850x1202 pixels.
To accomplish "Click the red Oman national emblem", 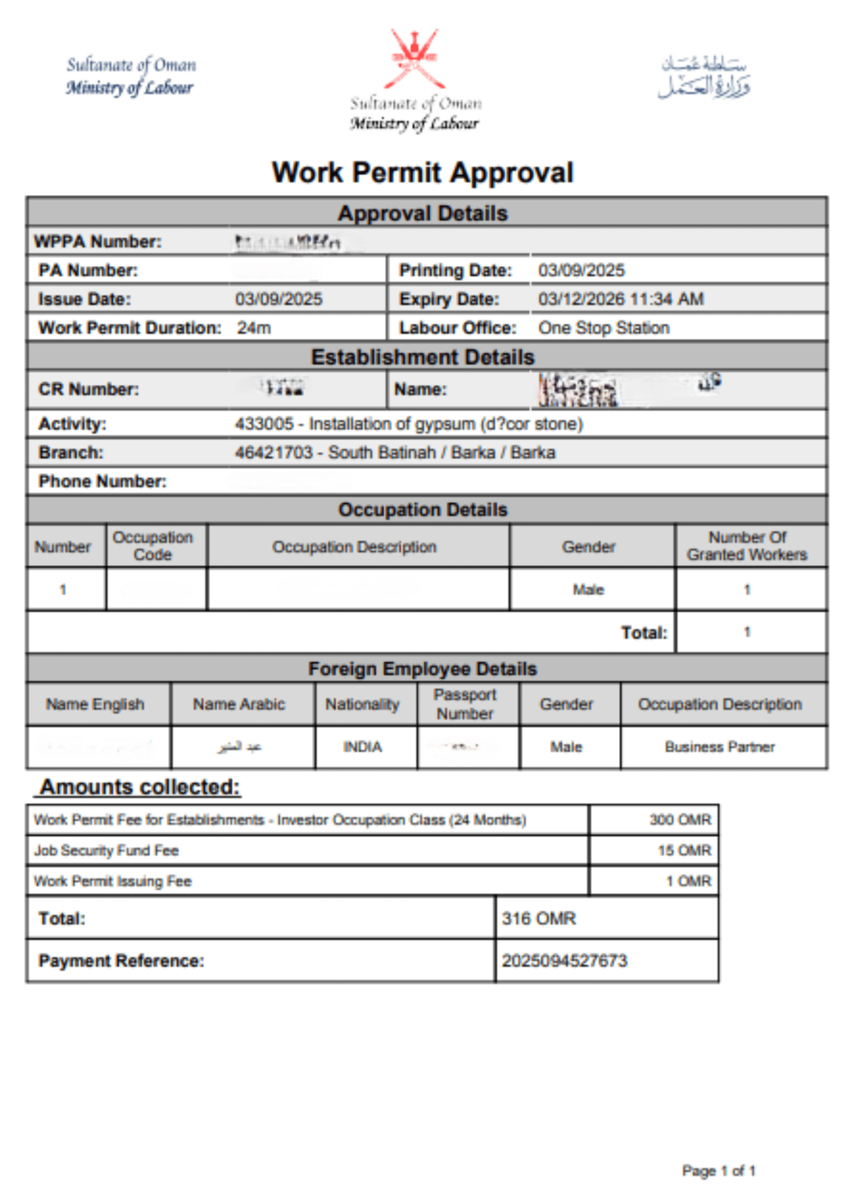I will pos(414,59).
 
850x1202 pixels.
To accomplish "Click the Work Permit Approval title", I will pos(423,172).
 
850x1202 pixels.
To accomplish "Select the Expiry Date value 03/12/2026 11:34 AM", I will pos(621,299).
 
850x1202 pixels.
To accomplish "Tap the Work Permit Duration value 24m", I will pos(254,328).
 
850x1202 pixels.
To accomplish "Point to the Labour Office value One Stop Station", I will pos(604,328).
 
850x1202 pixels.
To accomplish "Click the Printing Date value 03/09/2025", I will pos(581,270).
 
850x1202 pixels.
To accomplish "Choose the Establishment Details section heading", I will pos(423,357).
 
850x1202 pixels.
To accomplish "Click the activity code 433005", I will pos(264,424).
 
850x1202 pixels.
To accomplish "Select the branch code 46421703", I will pos(273,452).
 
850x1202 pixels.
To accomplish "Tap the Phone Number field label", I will pos(102,481).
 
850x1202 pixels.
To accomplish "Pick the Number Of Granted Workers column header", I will pos(747,546).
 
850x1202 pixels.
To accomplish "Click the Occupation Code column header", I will pos(153,546).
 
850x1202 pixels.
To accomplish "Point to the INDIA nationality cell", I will pos(363,747).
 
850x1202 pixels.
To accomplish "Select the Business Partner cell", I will pos(719,747).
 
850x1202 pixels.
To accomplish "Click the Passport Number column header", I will pos(465,704).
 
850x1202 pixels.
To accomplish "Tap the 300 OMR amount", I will pos(680,820).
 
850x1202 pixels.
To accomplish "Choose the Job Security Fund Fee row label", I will pos(106,851).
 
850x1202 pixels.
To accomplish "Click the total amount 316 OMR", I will pos(539,918).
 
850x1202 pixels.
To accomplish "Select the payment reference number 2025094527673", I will pos(564,961).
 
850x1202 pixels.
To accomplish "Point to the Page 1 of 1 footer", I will pos(718,1171).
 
